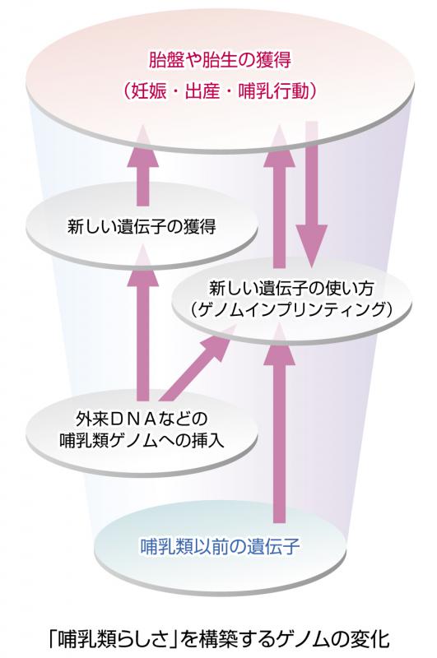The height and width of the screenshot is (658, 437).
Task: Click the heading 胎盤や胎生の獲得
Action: [220, 61]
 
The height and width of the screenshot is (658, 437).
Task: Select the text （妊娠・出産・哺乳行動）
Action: [220, 90]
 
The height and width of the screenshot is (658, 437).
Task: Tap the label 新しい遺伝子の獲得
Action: [142, 227]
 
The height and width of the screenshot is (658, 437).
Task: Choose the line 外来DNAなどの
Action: [142, 419]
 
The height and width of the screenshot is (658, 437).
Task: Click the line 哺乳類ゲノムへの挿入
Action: [142, 441]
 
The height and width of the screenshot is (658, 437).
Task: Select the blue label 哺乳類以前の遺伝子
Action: [219, 546]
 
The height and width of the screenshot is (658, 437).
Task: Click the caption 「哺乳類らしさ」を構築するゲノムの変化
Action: [219, 639]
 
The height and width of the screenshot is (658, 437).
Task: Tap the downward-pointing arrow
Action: [311, 194]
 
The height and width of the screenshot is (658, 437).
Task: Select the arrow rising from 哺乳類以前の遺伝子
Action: [279, 424]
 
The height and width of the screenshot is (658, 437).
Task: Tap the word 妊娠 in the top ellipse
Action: [148, 90]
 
